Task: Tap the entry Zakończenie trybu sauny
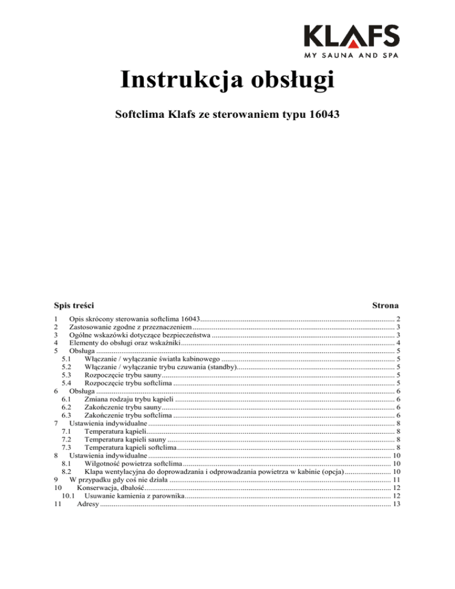(123, 408)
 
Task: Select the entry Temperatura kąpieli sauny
(125, 440)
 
